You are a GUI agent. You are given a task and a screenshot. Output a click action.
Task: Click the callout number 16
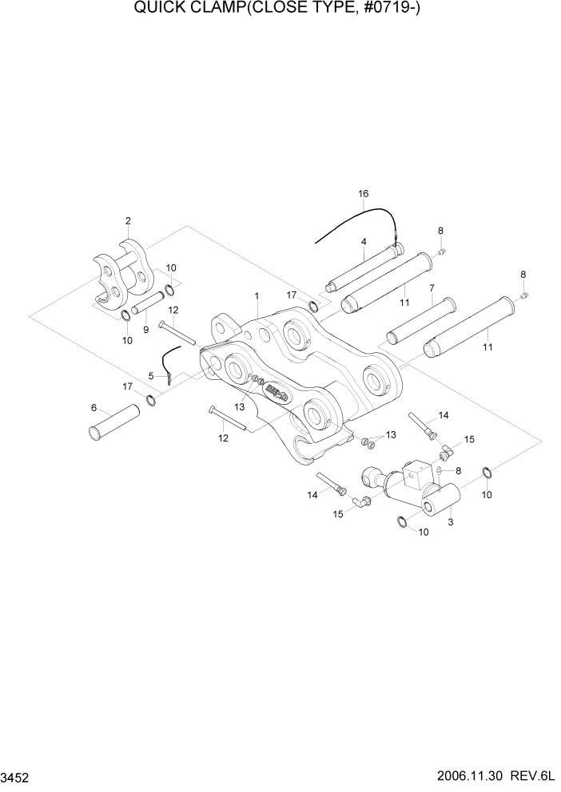(x=364, y=194)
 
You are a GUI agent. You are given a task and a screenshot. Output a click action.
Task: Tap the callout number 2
(x=128, y=221)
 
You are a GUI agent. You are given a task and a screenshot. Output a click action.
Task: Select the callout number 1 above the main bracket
(x=257, y=295)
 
